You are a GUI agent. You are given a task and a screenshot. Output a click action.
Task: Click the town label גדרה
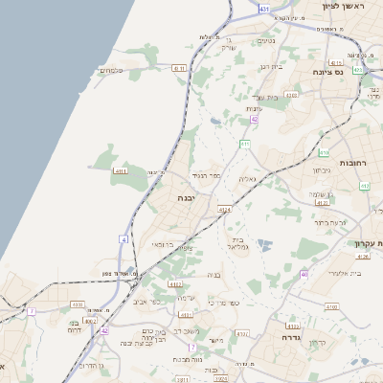tap(292, 337)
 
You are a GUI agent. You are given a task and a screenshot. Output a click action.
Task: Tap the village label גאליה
tap(247, 180)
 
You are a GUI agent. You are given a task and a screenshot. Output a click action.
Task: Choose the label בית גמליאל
tap(239, 245)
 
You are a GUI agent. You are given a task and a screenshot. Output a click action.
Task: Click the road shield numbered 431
tap(263, 9)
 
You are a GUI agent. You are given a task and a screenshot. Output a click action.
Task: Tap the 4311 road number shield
tap(121, 170)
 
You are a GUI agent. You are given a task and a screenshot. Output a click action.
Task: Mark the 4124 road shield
tap(224, 209)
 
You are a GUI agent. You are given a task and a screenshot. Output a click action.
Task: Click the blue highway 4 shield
tap(123, 238)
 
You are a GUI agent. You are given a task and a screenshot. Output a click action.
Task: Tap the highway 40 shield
tap(304, 275)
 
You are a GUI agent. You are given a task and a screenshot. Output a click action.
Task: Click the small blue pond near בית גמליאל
tap(264, 245)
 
